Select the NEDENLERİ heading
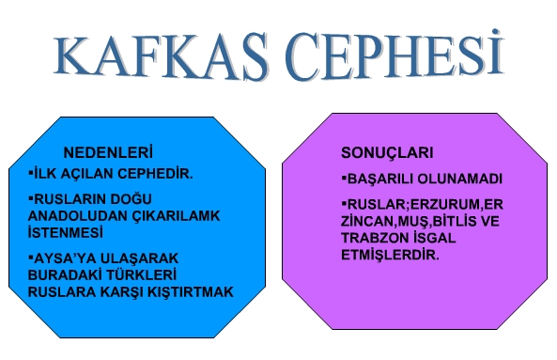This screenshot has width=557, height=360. (107, 153)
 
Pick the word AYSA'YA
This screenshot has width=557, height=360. (64, 258)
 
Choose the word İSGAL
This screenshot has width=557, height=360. (445, 238)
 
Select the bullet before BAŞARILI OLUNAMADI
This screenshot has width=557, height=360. (343, 178)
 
